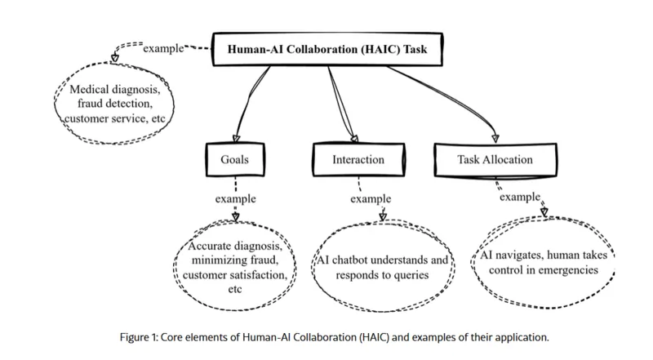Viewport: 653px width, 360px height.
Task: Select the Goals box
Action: pyautogui.click(x=235, y=160)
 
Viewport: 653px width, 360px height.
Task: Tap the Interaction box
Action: pyautogui.click(x=358, y=160)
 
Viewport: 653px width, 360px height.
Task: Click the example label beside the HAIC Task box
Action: pyautogui.click(x=163, y=49)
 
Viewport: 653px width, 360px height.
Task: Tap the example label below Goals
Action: pyautogui.click(x=235, y=198)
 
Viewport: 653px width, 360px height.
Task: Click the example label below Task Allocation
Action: pyautogui.click(x=520, y=197)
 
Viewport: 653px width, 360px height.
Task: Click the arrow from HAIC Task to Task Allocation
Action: pyautogui.click(x=445, y=98)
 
